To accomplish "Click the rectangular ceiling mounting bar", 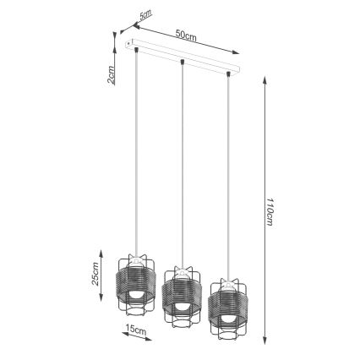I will point(183,60).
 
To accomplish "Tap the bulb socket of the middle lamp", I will point(180,275).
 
